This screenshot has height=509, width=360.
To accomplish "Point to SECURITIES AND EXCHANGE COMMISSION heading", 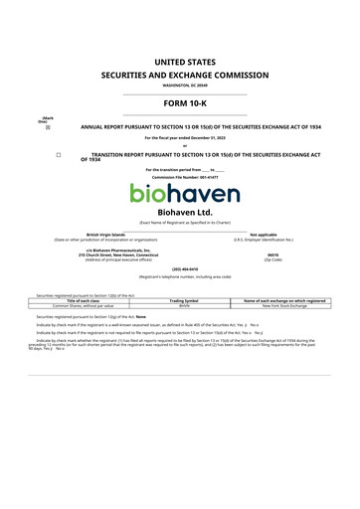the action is click(179, 75).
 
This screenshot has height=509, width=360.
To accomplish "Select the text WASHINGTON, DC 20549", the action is click(179, 86).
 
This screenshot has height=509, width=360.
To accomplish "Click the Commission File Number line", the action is click(179, 176).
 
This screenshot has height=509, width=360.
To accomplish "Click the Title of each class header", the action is click(86, 300).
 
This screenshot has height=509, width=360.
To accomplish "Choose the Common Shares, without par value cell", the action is click(86, 305).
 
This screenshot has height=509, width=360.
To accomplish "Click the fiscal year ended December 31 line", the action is click(179, 137).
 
